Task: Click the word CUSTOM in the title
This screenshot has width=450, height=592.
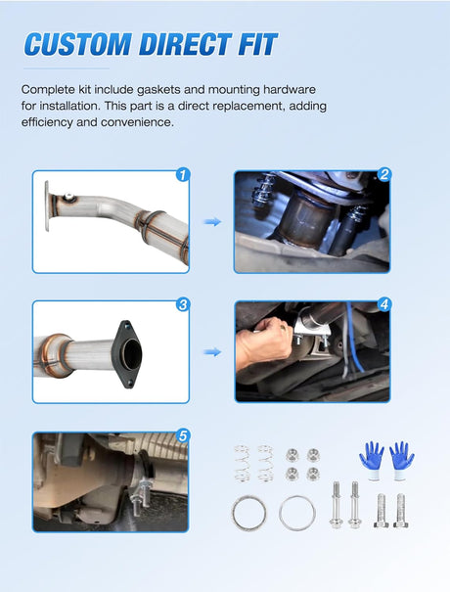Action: pyautogui.click(x=78, y=45)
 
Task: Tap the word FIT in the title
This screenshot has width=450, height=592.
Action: pyautogui.click(x=258, y=45)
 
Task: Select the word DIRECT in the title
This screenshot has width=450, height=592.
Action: pyautogui.click(x=185, y=45)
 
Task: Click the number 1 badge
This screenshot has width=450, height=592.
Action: pyautogui.click(x=183, y=175)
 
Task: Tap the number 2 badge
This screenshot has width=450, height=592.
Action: pyautogui.click(x=384, y=174)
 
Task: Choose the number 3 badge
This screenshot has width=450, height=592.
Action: pyautogui.click(x=183, y=304)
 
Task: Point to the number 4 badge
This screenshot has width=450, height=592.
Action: pyautogui.click(x=384, y=304)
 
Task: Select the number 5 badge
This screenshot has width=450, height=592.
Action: pyautogui.click(x=183, y=436)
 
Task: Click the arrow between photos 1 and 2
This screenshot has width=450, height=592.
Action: pyautogui.click(x=212, y=222)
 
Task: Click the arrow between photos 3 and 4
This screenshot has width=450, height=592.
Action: pyautogui.click(x=212, y=352)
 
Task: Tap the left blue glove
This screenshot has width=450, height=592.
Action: pyautogui.click(x=373, y=461)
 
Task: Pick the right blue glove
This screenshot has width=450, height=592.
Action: pyautogui.click(x=401, y=461)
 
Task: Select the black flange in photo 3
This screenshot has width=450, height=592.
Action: pyautogui.click(x=127, y=354)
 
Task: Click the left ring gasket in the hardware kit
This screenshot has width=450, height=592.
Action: pyautogui.click(x=248, y=514)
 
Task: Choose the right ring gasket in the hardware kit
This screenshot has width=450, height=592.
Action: pyautogui.click(x=297, y=513)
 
